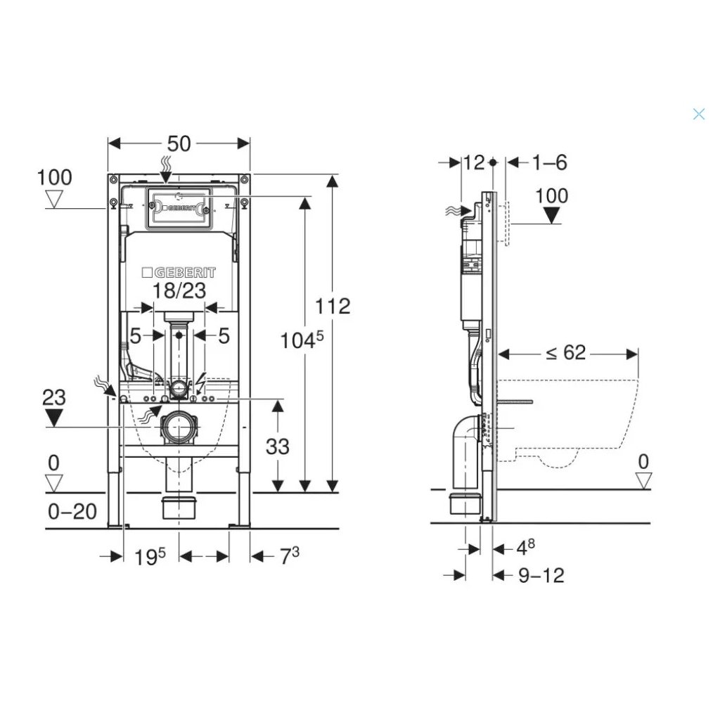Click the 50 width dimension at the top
[179, 143]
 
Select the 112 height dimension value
[333, 307]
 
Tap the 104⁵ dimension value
[302, 340]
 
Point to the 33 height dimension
[277, 446]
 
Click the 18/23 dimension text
[179, 290]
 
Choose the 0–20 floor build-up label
[72, 511]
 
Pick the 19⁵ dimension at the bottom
[150, 557]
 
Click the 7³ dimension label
[290, 555]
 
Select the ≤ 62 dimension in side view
[566, 353]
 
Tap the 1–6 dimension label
[550, 162]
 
